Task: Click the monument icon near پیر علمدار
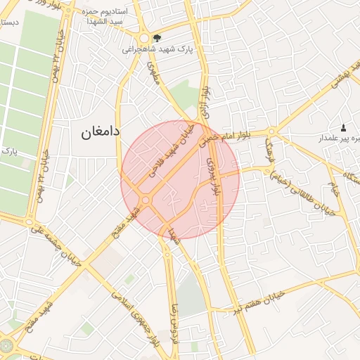(343, 127)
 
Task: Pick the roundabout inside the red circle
(146, 200)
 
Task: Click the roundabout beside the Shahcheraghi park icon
(143, 39)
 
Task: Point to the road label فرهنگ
(271, 152)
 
